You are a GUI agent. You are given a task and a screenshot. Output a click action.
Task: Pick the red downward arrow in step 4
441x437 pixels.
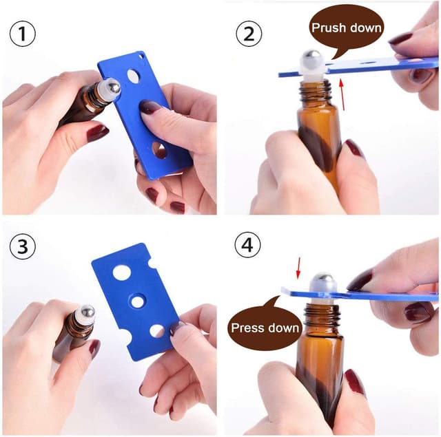click(298, 266)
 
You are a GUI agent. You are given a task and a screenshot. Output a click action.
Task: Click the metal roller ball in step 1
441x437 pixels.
click(111, 87)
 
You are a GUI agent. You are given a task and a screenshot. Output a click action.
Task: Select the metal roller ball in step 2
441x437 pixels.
click(310, 58)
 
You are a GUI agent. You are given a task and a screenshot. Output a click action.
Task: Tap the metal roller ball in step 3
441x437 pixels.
click(86, 313)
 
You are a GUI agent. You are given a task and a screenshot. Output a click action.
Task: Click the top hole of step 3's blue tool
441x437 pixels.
click(122, 273)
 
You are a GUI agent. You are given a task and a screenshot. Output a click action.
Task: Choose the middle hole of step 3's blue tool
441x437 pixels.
click(139, 301)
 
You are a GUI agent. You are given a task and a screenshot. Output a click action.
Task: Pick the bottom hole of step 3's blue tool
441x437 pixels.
click(158, 331)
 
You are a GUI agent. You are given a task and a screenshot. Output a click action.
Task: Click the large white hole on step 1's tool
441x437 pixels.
click(133, 76)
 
